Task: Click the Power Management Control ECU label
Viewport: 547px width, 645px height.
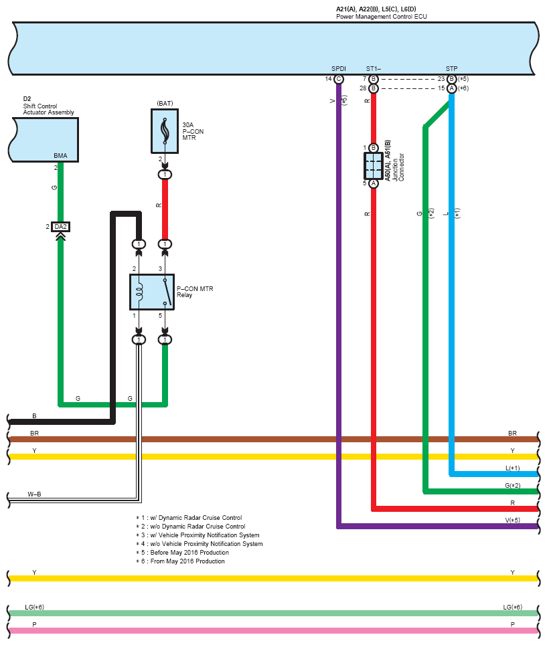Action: coord(381,16)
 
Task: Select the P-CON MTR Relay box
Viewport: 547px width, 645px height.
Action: coord(151,292)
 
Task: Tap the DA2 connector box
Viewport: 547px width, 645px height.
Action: coord(61,227)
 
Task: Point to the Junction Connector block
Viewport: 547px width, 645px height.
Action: coord(373,165)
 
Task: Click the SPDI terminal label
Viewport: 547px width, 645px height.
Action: coord(339,69)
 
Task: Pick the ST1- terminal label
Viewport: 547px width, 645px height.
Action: coord(374,69)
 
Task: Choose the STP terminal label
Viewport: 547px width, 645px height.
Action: coord(452,69)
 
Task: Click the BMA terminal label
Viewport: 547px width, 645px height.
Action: coord(61,155)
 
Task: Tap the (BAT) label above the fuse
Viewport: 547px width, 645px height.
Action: coord(165,102)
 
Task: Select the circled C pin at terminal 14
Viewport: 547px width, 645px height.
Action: coord(339,79)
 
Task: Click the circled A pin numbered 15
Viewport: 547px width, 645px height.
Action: coord(452,88)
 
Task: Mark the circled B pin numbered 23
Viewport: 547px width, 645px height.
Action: coord(452,79)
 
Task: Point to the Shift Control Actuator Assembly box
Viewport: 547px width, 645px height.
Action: coord(45,139)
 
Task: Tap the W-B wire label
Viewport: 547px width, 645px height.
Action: coord(35,494)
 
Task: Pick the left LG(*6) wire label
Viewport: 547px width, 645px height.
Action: coord(34,607)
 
